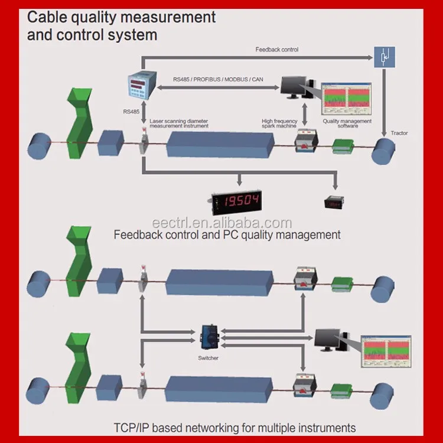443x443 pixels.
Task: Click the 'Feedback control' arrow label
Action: [x=276, y=50]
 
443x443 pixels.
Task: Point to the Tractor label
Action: [x=399, y=133]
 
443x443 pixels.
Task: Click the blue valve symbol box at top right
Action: [x=384, y=57]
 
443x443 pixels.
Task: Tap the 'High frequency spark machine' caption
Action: [x=280, y=123]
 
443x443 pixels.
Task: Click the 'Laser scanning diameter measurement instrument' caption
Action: [x=179, y=123]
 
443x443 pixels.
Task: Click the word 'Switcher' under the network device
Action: [x=209, y=357]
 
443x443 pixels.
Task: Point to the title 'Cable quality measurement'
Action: [x=122, y=17]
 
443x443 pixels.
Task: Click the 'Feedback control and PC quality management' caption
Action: [x=227, y=234]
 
